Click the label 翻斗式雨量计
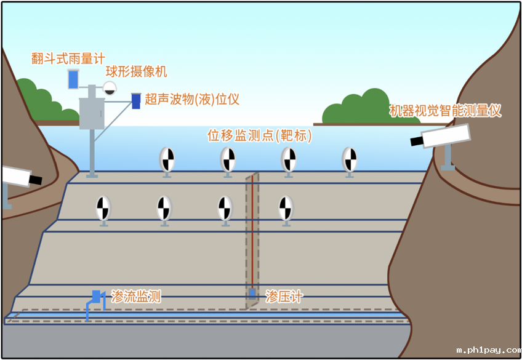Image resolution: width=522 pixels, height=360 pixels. click(68, 59)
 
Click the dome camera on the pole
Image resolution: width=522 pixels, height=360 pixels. click(110, 87)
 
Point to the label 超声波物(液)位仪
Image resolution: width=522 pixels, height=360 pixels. click(192, 98)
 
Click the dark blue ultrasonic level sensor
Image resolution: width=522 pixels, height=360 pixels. click(136, 100)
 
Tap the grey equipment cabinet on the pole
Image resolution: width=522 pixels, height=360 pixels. click(93, 113)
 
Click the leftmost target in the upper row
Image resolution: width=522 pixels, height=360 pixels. click(167, 159)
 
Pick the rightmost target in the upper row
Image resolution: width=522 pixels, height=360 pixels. click(350, 159)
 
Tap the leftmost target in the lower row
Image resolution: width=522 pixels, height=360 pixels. click(103, 208)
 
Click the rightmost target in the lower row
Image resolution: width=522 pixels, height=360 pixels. click(286, 208)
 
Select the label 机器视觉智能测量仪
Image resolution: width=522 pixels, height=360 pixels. click(446, 111)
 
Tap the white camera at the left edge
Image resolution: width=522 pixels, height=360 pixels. click(18, 177)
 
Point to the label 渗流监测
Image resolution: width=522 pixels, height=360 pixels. click(136, 297)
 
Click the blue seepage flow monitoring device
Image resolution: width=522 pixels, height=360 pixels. click(95, 297)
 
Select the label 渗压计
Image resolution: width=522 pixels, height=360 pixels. click(284, 297)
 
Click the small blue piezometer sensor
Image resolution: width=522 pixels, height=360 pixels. click(252, 293)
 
